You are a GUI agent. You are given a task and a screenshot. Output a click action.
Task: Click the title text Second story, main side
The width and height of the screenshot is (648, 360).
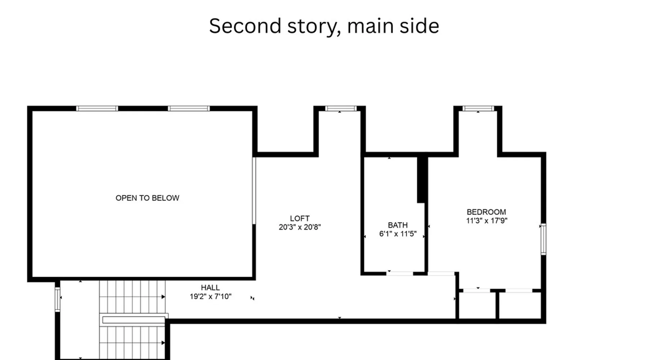pyautogui.click(x=324, y=26)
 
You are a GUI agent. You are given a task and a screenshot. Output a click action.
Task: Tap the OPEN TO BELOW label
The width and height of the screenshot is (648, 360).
pyautogui.click(x=147, y=198)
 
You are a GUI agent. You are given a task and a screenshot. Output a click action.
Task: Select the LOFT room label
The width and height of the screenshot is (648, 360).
pyautogui.click(x=300, y=219)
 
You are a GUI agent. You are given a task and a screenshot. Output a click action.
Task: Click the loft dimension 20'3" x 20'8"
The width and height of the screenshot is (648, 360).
pyautogui.click(x=300, y=227)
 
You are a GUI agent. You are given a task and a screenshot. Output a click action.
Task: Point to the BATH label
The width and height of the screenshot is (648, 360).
pyautogui.click(x=398, y=225)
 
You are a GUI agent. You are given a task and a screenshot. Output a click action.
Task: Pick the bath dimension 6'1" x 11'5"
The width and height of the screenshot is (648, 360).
pyautogui.click(x=398, y=234)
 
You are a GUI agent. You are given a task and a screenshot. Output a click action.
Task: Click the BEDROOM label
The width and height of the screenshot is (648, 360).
pyautogui.click(x=486, y=212)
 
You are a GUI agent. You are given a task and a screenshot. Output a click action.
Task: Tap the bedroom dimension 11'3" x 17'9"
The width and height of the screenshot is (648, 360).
pyautogui.click(x=486, y=221)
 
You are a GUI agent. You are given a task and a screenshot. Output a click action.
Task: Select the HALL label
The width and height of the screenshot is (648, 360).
pyautogui.click(x=210, y=288)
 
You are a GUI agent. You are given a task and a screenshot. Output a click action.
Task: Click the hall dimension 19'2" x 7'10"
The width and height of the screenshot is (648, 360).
pyautogui.click(x=211, y=297)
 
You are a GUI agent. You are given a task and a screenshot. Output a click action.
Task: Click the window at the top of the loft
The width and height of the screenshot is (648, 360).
pyautogui.click(x=341, y=108)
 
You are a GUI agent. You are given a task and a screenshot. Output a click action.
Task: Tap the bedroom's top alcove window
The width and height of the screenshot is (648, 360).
pyautogui.click(x=478, y=108)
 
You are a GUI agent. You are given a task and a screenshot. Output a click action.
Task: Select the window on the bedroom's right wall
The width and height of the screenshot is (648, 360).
pyautogui.click(x=544, y=239)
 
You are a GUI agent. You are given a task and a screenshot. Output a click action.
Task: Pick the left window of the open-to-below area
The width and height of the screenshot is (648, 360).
pyautogui.click(x=97, y=108)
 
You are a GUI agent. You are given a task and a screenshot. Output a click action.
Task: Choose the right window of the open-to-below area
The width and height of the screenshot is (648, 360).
pyautogui.click(x=189, y=108)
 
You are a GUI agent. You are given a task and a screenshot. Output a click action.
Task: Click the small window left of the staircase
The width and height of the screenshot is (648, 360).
pyautogui.click(x=57, y=299)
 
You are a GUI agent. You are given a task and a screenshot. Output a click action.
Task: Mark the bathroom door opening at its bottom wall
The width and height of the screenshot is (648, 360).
pyautogui.click(x=400, y=274)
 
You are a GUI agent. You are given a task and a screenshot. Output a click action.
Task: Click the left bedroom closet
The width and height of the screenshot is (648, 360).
pyautogui.click(x=477, y=305)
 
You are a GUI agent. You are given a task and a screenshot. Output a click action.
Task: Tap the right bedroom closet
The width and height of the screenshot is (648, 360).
pyautogui.click(x=520, y=305)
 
